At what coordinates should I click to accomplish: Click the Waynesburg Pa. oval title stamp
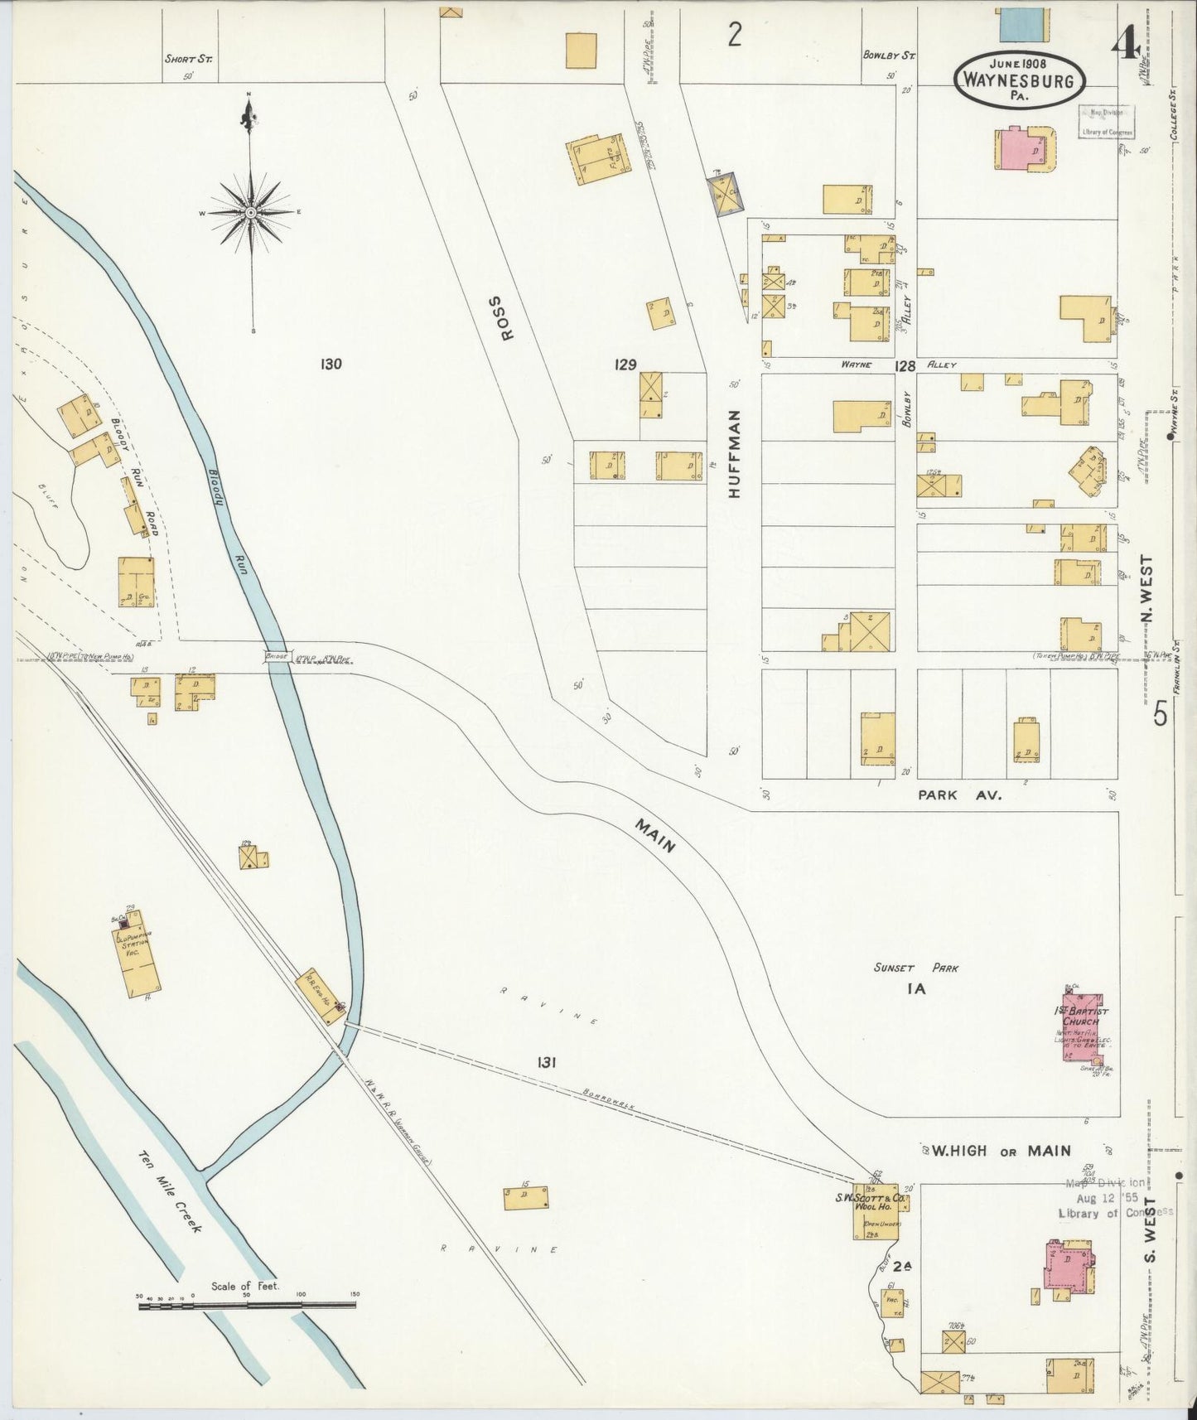(x=1020, y=80)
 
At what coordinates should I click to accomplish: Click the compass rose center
(x=250, y=213)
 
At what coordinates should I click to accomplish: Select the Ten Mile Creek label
(x=169, y=1191)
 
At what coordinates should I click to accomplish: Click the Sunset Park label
(x=915, y=967)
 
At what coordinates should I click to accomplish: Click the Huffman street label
(x=734, y=453)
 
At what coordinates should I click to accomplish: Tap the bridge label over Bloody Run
(x=276, y=656)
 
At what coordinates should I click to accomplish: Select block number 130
(x=331, y=363)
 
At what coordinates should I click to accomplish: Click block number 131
(x=545, y=1062)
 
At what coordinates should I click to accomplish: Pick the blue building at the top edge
(x=1022, y=24)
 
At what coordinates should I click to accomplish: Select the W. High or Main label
(x=1001, y=1150)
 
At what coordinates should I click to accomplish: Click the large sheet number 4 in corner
(x=1127, y=43)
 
